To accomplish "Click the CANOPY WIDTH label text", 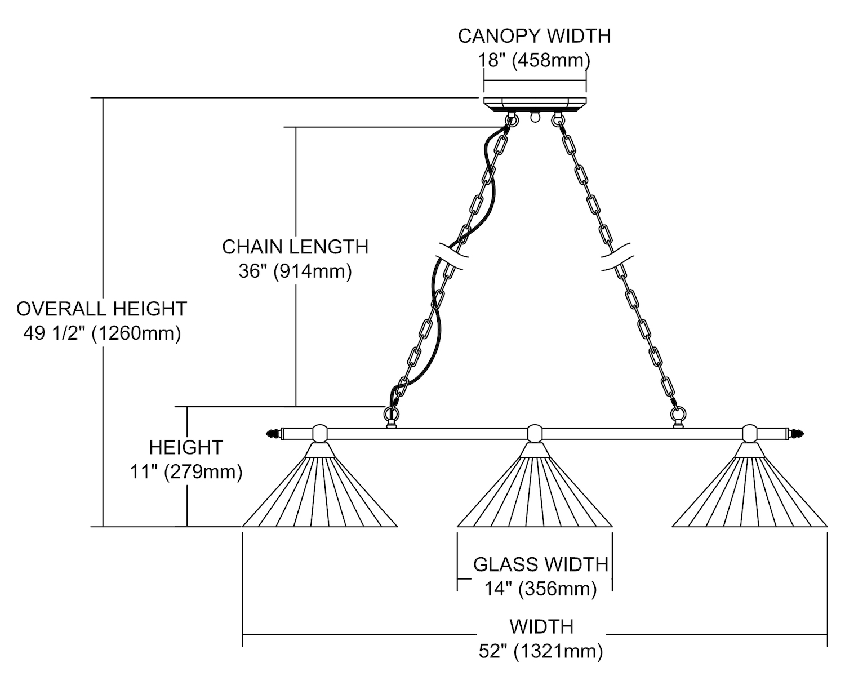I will [x=534, y=36].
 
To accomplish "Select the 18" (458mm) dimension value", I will [x=534, y=60].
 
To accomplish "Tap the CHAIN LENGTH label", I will [x=295, y=247].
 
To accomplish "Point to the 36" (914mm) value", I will [x=295, y=271].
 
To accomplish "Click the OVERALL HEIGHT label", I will [x=101, y=309].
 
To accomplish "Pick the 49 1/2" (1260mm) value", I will [x=102, y=333].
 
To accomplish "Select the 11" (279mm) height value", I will [x=186, y=471].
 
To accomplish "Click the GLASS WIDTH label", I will [x=541, y=564].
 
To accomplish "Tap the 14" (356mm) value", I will [x=541, y=589].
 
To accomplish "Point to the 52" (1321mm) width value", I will [x=541, y=651].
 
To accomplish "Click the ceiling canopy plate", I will [x=535, y=104].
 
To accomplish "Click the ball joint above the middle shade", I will [x=535, y=433].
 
